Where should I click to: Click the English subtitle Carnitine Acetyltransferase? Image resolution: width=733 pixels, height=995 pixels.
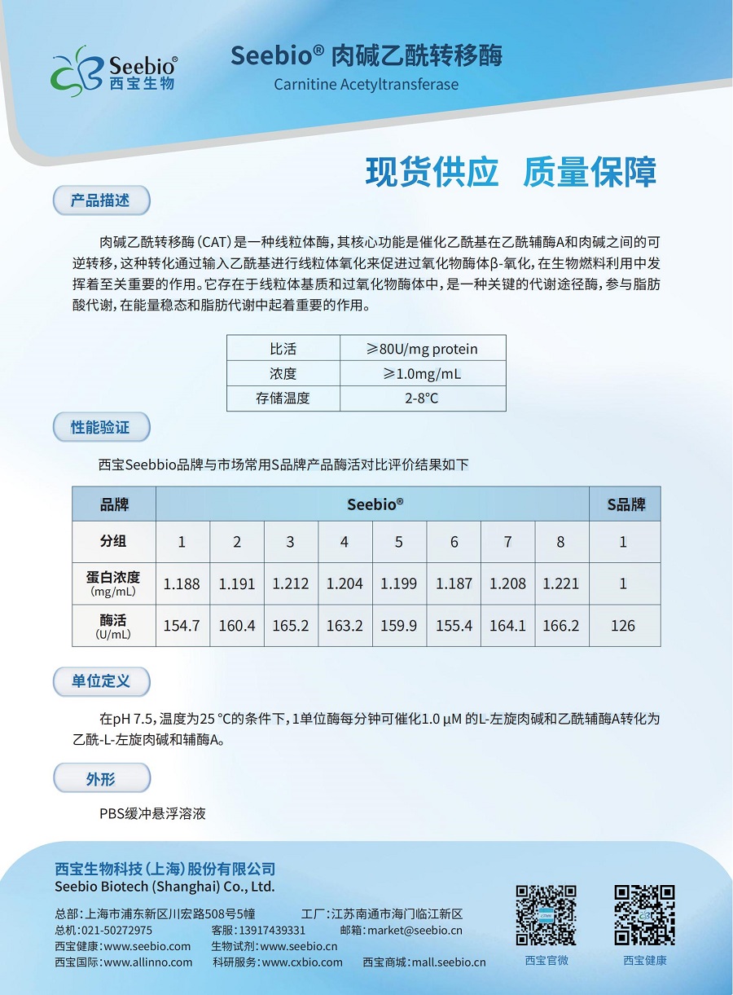pyautogui.click(x=366, y=85)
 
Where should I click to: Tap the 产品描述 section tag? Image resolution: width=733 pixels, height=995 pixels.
pyautogui.click(x=101, y=200)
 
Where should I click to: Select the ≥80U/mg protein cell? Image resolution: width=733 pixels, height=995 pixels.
pyautogui.click(x=422, y=349)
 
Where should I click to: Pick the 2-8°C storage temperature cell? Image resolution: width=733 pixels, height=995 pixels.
pyautogui.click(x=422, y=398)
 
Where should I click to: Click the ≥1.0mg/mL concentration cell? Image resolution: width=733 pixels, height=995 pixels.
pyautogui.click(x=422, y=374)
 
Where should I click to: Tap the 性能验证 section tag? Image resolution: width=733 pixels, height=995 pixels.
pyautogui.click(x=101, y=426)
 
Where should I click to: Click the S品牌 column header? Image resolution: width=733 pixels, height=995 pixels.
pyautogui.click(x=625, y=504)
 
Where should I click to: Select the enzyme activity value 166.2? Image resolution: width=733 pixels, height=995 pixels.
pyautogui.click(x=560, y=626)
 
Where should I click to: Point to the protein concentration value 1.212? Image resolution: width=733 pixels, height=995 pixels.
pyautogui.click(x=291, y=583)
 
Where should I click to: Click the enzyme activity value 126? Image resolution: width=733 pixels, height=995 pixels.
pyautogui.click(x=623, y=626)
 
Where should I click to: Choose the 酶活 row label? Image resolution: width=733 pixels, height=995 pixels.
pyautogui.click(x=113, y=626)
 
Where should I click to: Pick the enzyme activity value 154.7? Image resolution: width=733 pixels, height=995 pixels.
pyautogui.click(x=182, y=626)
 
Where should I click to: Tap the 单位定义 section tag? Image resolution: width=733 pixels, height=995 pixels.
pyautogui.click(x=101, y=680)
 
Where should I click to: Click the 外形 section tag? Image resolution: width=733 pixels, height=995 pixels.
pyautogui.click(x=101, y=779)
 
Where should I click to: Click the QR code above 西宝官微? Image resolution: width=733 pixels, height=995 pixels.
pyautogui.click(x=546, y=915)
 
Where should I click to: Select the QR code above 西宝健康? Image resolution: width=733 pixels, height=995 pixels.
pyautogui.click(x=644, y=915)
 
